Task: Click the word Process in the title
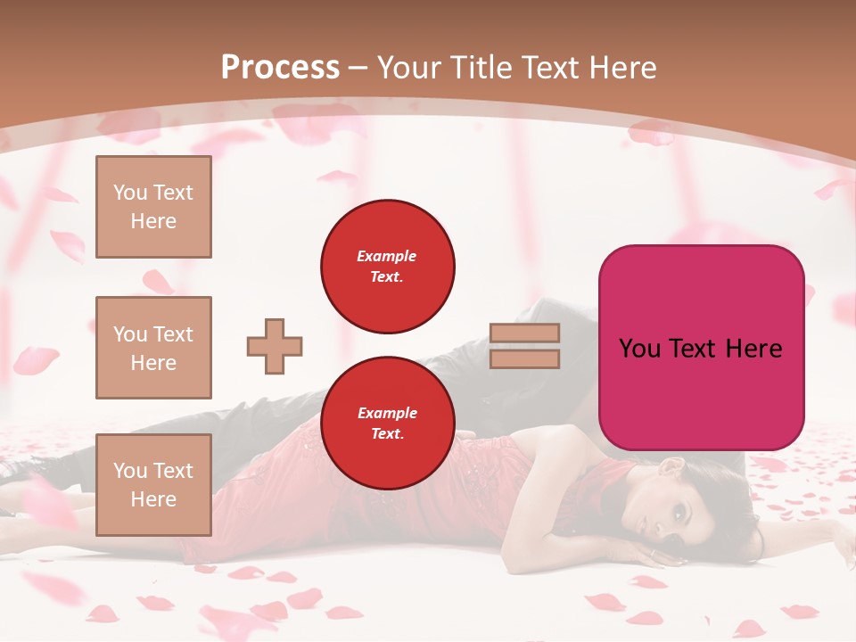[x=280, y=68]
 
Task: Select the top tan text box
[x=153, y=207]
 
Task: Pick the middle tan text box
[x=153, y=348]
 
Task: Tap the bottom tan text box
[x=153, y=485]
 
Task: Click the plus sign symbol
[x=275, y=346]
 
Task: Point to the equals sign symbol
[x=524, y=346]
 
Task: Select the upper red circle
[x=388, y=267]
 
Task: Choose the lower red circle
[x=388, y=424]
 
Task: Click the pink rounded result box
[x=701, y=348]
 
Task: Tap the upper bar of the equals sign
[x=524, y=333]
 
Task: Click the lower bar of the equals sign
[x=524, y=358]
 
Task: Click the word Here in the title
[x=621, y=68]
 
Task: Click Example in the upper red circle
[x=387, y=256]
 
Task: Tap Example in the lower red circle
[x=387, y=413]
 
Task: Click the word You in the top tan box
[x=130, y=193]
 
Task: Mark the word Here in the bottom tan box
[x=153, y=499]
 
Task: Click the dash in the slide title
[x=358, y=68]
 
